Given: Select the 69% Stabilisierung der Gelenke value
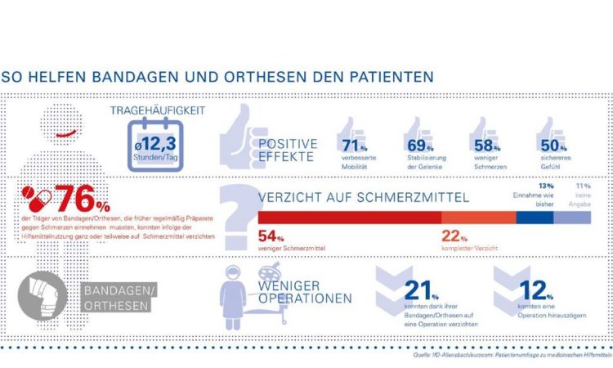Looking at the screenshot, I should [418, 145].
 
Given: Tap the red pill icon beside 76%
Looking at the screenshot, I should [38, 200].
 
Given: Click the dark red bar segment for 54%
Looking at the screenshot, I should [349, 218].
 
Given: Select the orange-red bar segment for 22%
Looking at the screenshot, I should [478, 218].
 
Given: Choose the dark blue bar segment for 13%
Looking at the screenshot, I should [535, 218].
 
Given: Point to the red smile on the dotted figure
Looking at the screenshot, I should [66, 132].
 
